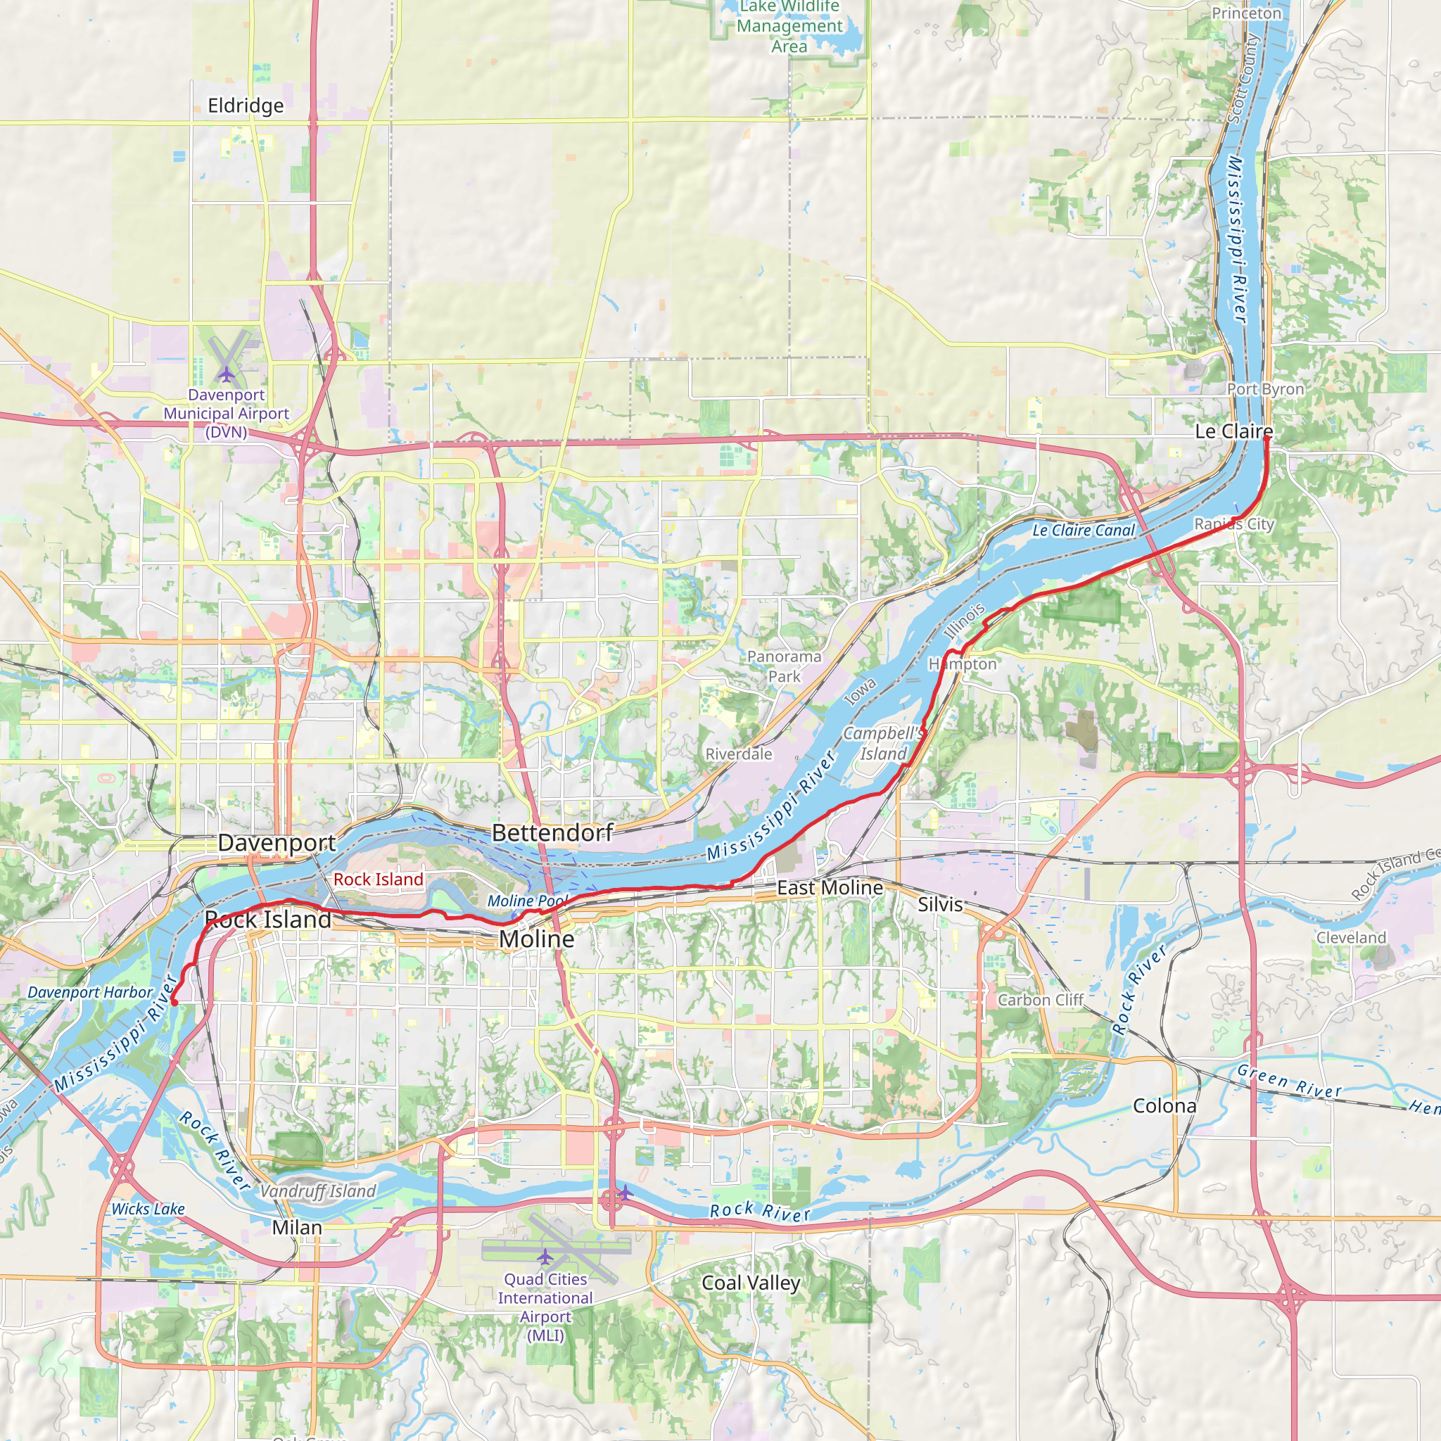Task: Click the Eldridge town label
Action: click(x=246, y=106)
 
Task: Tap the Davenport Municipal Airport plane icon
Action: click(x=227, y=373)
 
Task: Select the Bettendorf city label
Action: click(x=552, y=832)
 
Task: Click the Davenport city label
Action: click(x=277, y=843)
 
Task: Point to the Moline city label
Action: click(x=536, y=939)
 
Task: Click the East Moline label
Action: click(x=830, y=887)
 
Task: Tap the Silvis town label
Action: click(x=940, y=904)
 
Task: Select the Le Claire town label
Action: click(x=1233, y=431)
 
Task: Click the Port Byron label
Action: click(x=1266, y=388)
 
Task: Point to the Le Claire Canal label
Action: click(x=1083, y=531)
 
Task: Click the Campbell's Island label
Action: click(x=884, y=744)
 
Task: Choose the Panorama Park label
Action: click(x=784, y=666)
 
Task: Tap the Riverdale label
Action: click(x=738, y=754)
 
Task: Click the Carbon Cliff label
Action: click(x=1041, y=1001)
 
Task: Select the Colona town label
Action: click(x=1164, y=1106)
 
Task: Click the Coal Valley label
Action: click(x=751, y=1283)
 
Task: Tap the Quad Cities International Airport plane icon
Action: click(x=545, y=1257)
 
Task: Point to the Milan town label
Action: click(x=297, y=1228)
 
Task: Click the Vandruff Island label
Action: click(x=318, y=1191)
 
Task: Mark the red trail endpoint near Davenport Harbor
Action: click(x=174, y=1003)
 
